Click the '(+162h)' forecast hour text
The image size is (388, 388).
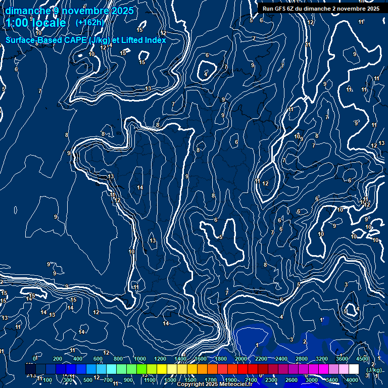[89, 22]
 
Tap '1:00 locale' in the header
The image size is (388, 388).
[36, 23]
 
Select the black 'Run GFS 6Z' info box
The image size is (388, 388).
[321, 9]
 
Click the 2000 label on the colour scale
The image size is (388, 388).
[241, 359]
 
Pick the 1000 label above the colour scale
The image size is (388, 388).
[140, 359]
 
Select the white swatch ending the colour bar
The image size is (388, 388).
[354, 369]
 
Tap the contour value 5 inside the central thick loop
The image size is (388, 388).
[221, 237]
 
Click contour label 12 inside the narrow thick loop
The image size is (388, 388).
[265, 183]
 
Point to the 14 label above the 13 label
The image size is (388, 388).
[140, 187]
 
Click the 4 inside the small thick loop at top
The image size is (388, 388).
[206, 74]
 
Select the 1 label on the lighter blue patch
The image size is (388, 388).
[257, 345]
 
